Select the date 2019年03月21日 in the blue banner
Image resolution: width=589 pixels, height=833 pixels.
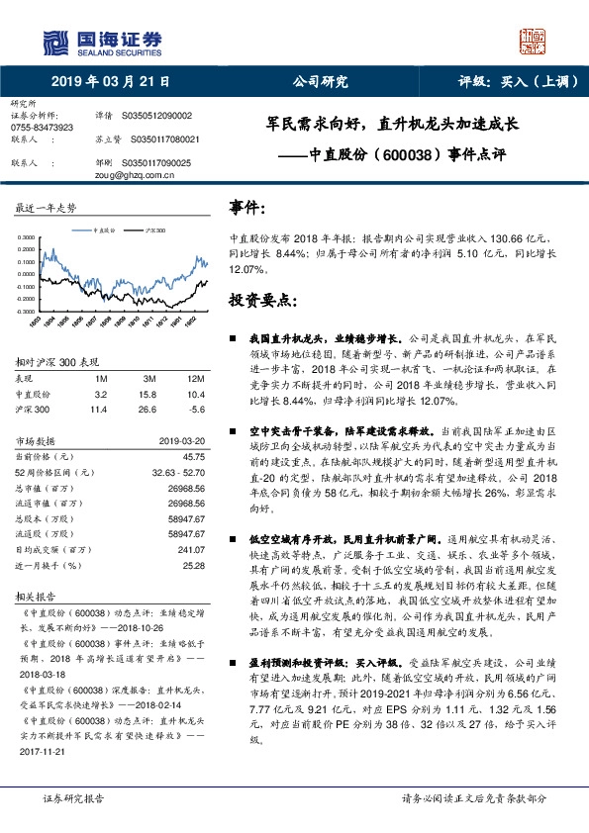[x=110, y=81]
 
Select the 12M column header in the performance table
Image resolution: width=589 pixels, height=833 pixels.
[x=196, y=379]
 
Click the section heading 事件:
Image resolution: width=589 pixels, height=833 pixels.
[x=247, y=208]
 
